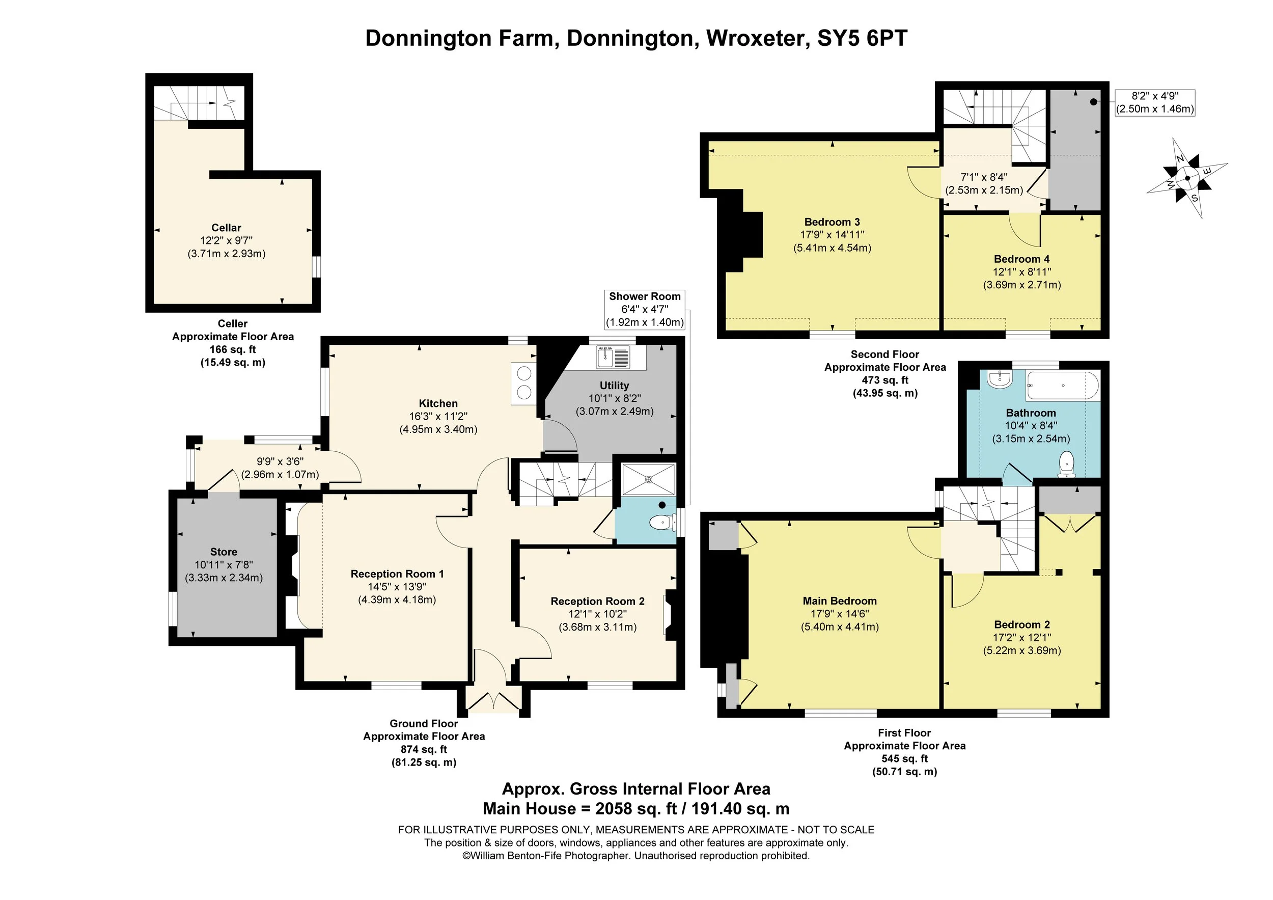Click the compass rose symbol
tap(1187, 178)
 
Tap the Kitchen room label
tap(438, 404)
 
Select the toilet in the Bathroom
tap(1066, 465)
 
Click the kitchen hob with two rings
tap(523, 383)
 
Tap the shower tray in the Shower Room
tap(648, 479)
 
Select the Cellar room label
tap(226, 228)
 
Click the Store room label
tap(224, 552)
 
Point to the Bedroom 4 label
tap(1021, 259)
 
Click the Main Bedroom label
tap(840, 601)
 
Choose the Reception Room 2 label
tap(597, 601)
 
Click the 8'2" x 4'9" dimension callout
tap(1155, 102)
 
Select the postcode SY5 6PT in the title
tap(862, 38)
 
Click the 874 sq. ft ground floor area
tap(424, 749)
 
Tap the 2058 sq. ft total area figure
tap(636, 808)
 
